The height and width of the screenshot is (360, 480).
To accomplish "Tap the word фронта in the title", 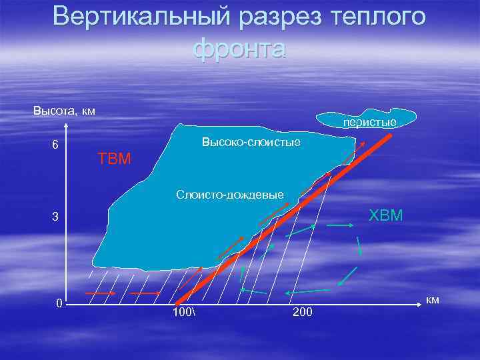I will (239, 49).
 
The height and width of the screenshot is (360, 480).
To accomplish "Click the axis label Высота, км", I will (64, 110).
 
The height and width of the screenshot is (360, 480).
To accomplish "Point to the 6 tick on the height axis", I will (55, 145).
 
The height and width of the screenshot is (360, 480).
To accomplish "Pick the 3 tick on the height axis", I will (56, 217).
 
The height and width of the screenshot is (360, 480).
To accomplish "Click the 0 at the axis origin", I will (59, 304).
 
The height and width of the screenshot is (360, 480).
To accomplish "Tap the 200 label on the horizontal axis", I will (302, 312).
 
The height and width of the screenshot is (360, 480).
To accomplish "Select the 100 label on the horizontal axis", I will (181, 312).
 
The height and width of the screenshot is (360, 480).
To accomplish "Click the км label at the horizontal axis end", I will (433, 301).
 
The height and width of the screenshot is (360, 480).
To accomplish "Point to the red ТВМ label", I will (115, 159).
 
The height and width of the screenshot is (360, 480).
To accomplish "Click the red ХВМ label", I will (386, 215).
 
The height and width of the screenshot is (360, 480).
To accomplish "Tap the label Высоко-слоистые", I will (251, 143).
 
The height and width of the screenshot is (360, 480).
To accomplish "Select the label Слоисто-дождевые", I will (230, 195).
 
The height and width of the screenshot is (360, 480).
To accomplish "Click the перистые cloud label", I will (370, 122).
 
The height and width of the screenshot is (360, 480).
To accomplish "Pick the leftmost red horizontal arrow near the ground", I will (100, 293).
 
